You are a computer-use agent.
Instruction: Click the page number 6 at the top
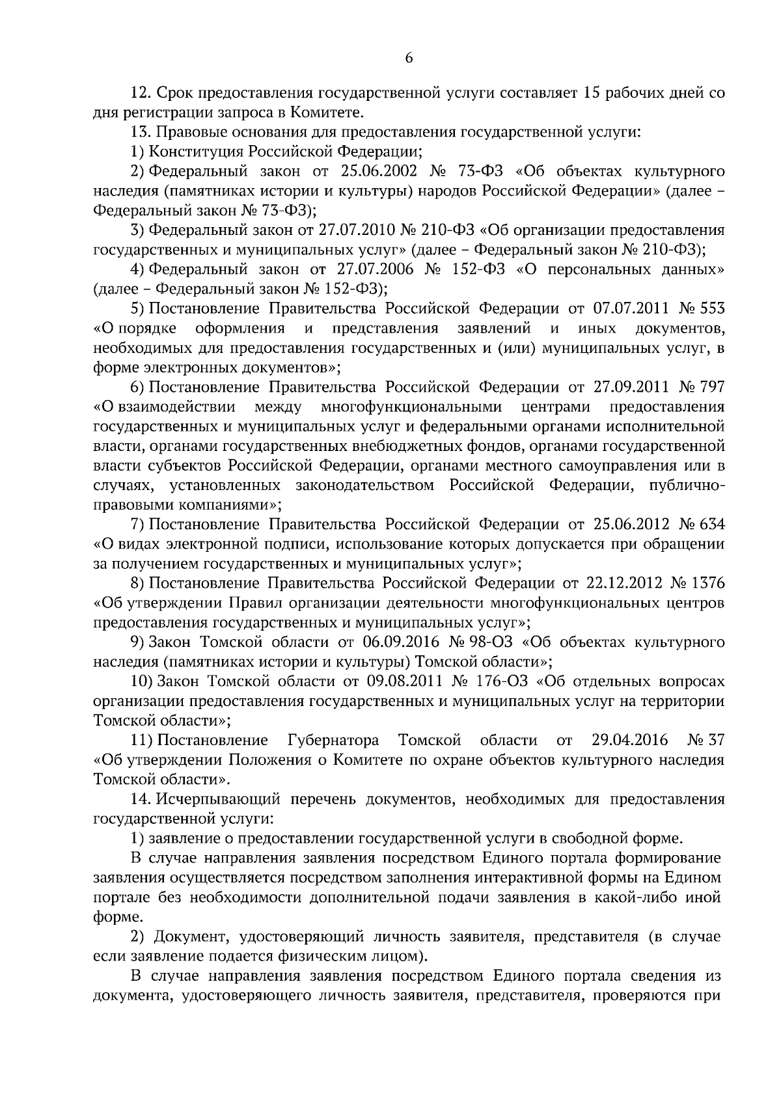tap(409, 59)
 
